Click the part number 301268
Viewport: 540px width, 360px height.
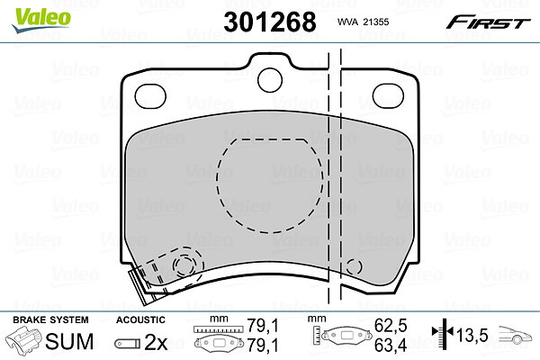270,22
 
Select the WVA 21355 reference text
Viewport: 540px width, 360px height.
363,22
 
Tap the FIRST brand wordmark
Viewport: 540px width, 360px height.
488,22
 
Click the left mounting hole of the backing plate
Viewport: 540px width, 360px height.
150,95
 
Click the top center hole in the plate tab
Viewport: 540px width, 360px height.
270,80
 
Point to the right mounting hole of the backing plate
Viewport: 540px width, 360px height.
388,95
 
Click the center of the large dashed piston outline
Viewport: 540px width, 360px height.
270,185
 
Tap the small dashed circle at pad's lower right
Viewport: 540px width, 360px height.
354,266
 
